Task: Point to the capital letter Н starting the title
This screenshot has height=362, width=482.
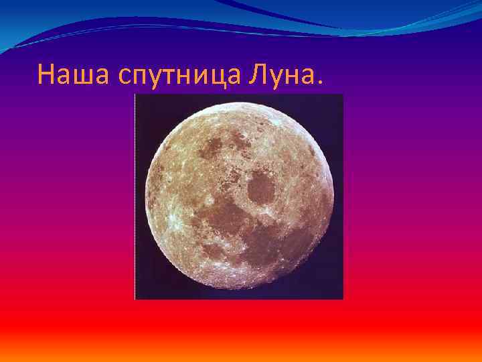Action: pos(46,74)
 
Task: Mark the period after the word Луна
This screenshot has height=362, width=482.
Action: pos(317,84)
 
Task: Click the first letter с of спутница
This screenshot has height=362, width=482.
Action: pos(123,77)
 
